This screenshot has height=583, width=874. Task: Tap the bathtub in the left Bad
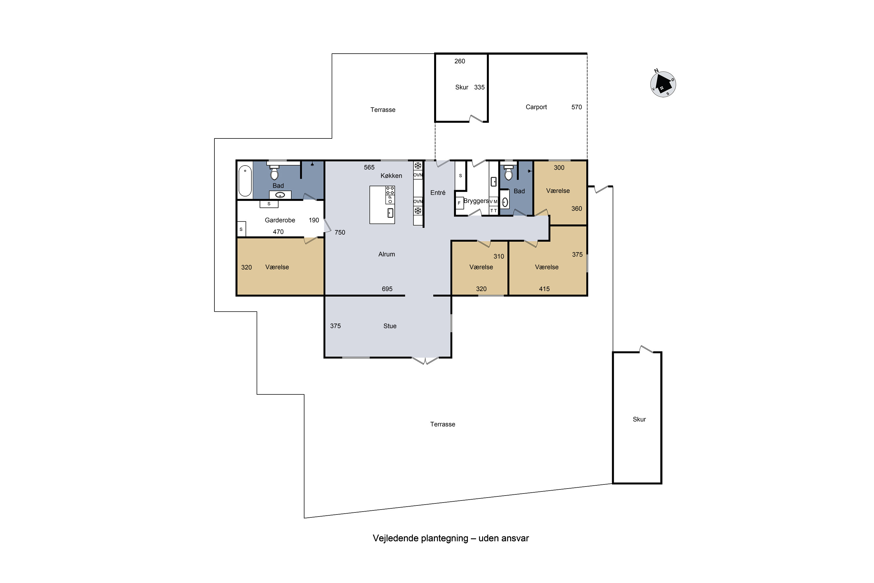click(x=245, y=180)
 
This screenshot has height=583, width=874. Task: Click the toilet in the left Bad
click(x=274, y=173)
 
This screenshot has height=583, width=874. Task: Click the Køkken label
click(x=391, y=176)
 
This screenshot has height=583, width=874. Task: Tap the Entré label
click(x=438, y=193)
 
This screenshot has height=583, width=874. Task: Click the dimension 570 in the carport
click(x=576, y=107)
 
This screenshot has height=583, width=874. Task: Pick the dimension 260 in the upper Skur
click(x=459, y=61)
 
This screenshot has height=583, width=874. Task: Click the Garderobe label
click(x=280, y=220)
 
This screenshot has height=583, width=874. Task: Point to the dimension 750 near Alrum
click(x=340, y=232)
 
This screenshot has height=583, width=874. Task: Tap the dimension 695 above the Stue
click(x=387, y=289)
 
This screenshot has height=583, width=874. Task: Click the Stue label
click(x=390, y=326)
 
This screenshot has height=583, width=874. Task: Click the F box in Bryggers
click(x=459, y=203)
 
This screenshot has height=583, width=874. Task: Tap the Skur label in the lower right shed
click(x=639, y=419)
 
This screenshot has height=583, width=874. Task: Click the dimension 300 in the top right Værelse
click(x=559, y=168)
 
